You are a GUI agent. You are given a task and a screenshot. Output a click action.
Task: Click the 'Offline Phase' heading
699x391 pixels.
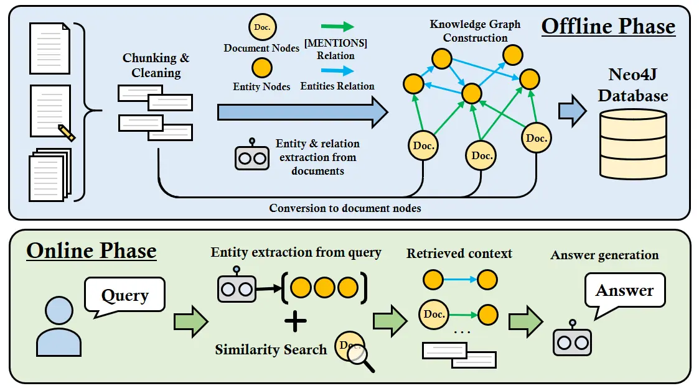coord(608,27)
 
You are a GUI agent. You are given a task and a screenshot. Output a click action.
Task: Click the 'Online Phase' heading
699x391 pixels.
coord(91,251)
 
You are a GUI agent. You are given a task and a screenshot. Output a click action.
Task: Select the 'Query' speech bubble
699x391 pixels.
coord(124,295)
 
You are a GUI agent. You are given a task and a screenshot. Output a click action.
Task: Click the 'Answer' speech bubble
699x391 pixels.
coord(624,290)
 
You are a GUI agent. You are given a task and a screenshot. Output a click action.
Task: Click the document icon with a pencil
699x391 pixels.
coord(52,113)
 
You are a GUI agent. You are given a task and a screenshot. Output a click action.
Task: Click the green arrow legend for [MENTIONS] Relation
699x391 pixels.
coord(337,27)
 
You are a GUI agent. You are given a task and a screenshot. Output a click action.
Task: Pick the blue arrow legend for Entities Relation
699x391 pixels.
coord(337,71)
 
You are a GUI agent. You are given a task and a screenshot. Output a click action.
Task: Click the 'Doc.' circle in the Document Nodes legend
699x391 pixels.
coord(262,27)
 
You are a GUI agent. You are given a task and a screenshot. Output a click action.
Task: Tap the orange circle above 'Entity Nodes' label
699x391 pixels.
coord(261,67)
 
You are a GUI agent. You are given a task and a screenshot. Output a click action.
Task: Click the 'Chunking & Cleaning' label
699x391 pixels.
coord(156,65)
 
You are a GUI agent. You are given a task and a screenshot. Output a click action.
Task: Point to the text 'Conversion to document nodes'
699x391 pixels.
coord(345,208)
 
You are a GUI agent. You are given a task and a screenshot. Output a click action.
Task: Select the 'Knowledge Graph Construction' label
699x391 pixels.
coord(475,31)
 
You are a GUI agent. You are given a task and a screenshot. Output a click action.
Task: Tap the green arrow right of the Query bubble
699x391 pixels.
coord(190,321)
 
